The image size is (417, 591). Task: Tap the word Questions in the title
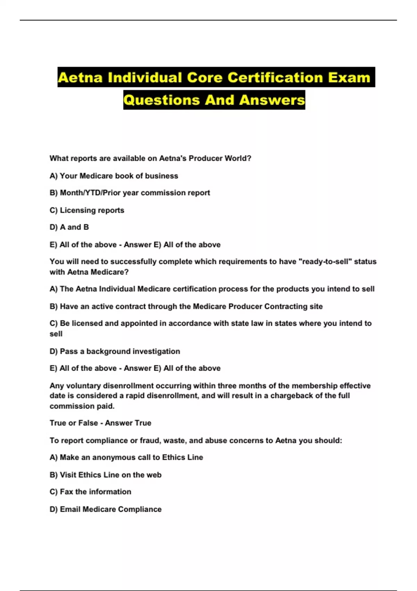point(162,100)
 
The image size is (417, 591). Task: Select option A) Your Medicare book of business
point(114,176)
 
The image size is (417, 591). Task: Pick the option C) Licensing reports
point(87,210)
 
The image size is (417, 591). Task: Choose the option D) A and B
point(69,227)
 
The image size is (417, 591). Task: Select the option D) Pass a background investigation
point(115,351)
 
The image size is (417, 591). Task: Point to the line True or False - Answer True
point(100,423)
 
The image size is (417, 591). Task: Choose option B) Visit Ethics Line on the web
point(105,475)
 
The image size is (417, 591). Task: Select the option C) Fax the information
point(90,492)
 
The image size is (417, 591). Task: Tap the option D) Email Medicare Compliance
point(105,509)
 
